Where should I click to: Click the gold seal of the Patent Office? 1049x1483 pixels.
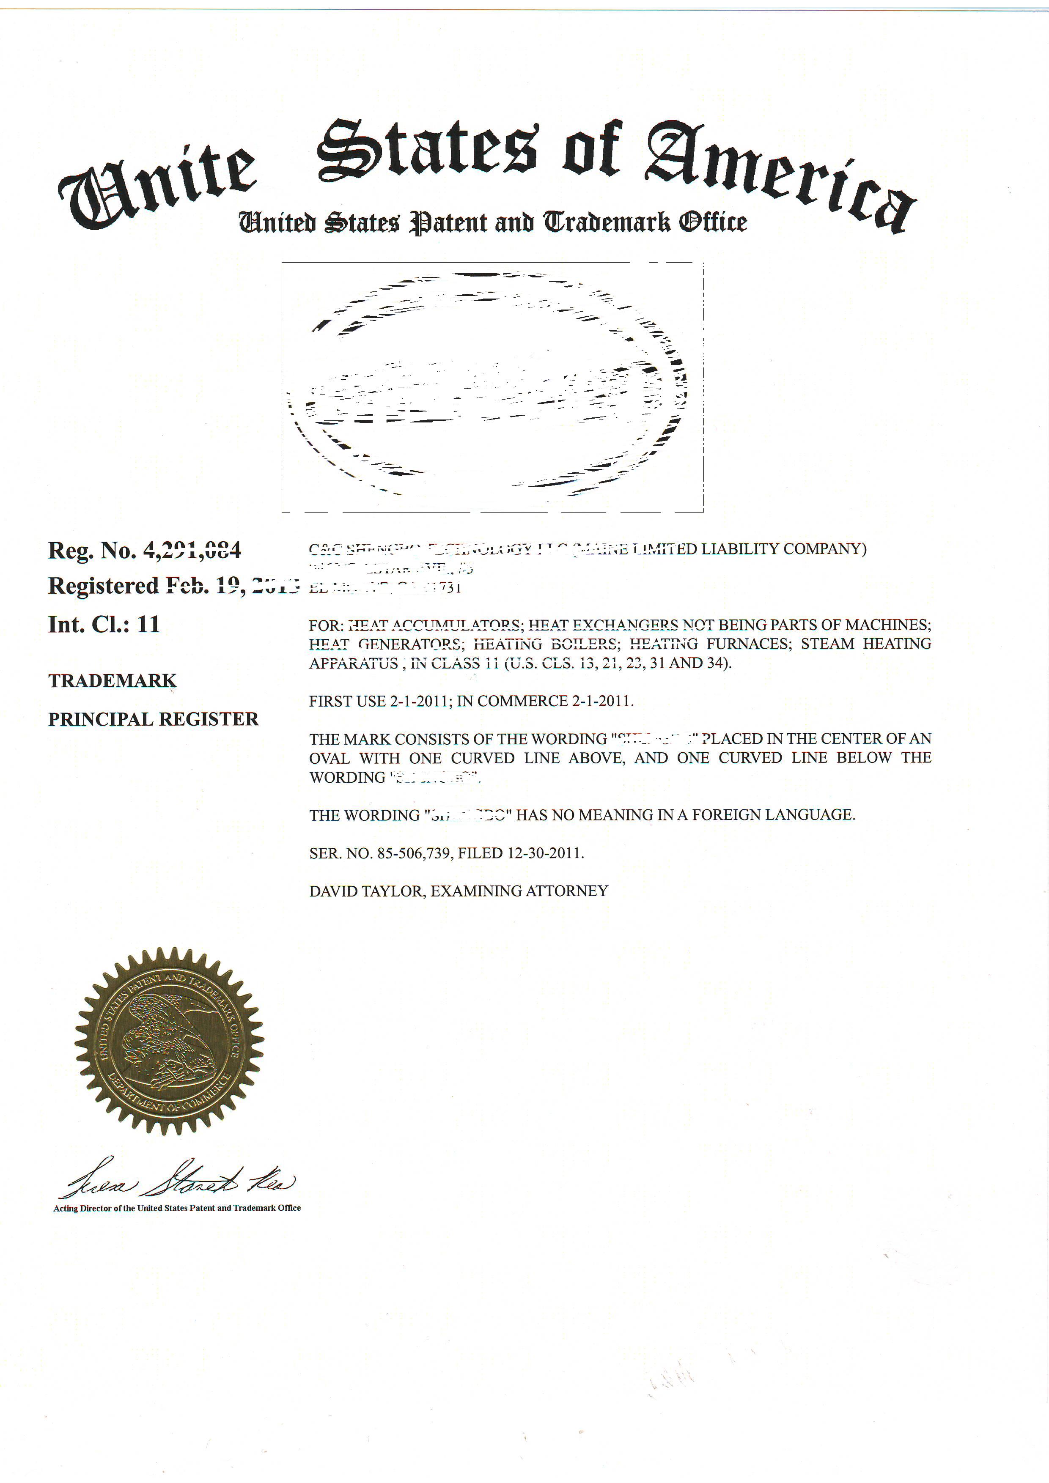[169, 1041]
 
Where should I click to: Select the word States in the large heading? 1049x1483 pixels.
[427, 150]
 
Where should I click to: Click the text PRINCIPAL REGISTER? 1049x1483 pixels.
[153, 719]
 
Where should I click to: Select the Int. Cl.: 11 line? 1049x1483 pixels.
[103, 624]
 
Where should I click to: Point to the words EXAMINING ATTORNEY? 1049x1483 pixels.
[519, 891]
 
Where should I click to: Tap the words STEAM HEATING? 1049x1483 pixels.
[865, 644]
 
